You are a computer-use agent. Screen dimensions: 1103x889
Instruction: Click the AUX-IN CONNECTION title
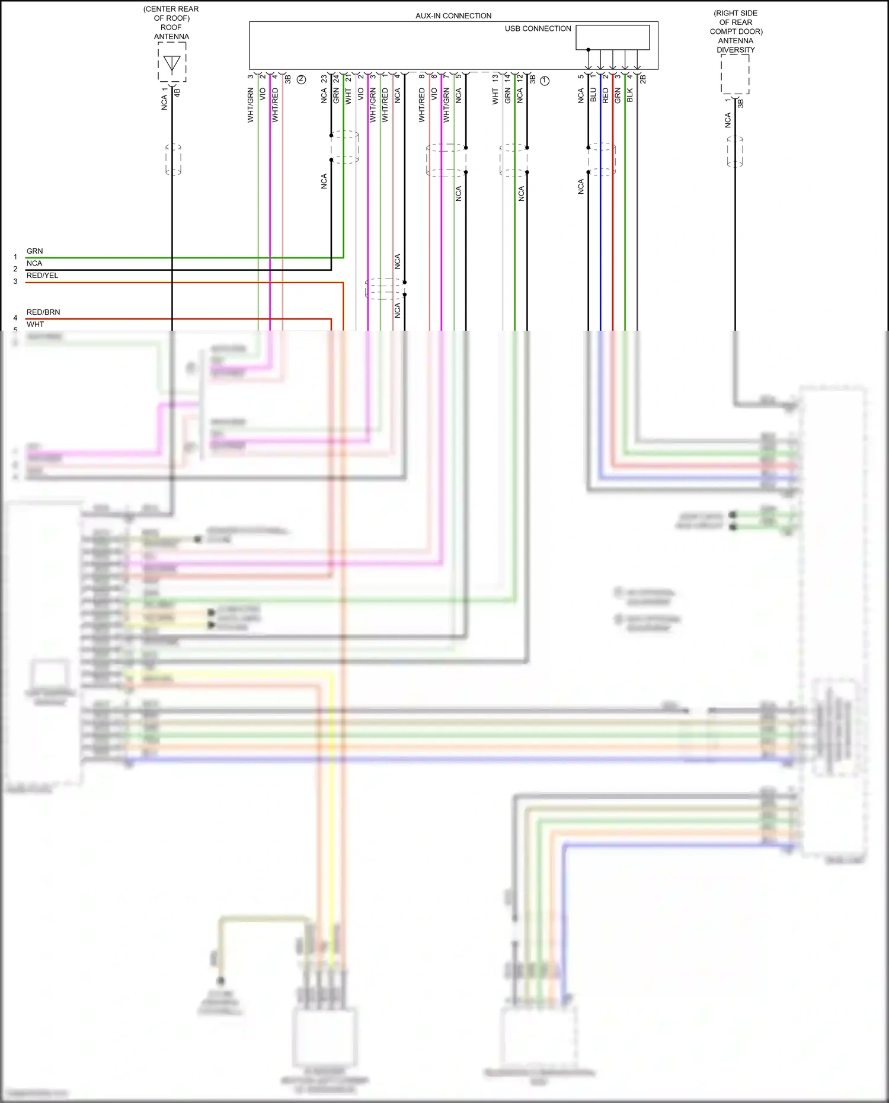(453, 16)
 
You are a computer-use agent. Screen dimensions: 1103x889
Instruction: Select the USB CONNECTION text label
(538, 28)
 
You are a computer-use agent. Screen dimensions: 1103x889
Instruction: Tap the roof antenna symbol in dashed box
(172, 63)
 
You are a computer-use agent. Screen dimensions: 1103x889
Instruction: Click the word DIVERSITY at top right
(735, 50)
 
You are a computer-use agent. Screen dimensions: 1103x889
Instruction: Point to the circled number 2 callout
(301, 79)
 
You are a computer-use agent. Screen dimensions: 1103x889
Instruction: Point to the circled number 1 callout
(545, 81)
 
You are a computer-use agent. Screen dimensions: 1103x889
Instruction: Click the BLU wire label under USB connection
(593, 95)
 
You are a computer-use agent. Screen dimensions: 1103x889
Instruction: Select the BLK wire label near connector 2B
(630, 95)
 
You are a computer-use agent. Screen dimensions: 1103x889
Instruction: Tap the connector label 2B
(642, 78)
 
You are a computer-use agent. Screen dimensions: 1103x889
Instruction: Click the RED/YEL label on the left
(42, 276)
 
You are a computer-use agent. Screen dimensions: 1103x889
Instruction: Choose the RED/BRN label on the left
(43, 312)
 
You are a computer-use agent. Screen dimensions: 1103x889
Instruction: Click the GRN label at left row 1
(34, 251)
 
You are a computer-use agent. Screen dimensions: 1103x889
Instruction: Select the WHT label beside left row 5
(35, 324)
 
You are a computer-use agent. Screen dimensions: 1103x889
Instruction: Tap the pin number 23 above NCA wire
(324, 78)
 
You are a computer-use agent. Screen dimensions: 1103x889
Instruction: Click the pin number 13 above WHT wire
(495, 78)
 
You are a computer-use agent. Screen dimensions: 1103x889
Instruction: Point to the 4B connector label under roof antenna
(177, 92)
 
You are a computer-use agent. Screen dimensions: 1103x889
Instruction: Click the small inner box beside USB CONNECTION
(613, 37)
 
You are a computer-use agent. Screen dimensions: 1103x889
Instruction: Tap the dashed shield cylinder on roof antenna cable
(173, 159)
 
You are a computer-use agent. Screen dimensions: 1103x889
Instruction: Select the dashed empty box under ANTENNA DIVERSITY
(735, 75)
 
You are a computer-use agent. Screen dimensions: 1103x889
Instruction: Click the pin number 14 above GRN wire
(507, 78)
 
